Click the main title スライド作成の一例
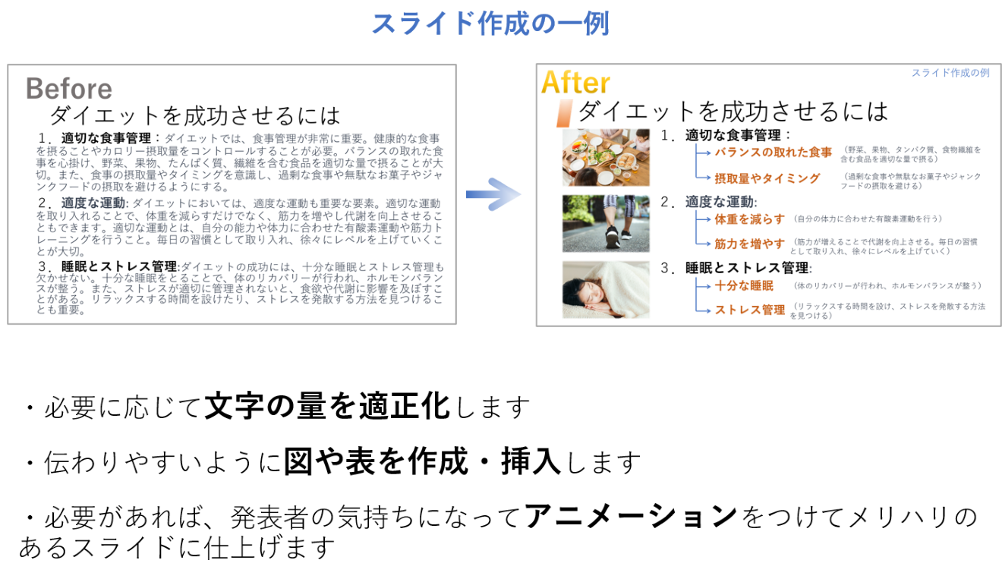(x=490, y=24)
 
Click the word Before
(x=68, y=89)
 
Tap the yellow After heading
(x=575, y=83)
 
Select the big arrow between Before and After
(x=494, y=194)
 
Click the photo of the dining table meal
(x=606, y=157)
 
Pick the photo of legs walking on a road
(x=606, y=223)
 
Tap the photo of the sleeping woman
(x=606, y=290)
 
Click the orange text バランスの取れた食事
(x=773, y=153)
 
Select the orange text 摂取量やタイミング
(x=767, y=179)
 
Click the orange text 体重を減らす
(x=749, y=219)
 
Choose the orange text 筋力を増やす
(x=749, y=244)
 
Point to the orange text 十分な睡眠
(x=744, y=286)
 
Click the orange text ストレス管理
(x=749, y=310)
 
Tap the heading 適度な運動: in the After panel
(x=721, y=202)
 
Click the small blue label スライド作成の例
(x=950, y=73)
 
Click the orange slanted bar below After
(x=563, y=113)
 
